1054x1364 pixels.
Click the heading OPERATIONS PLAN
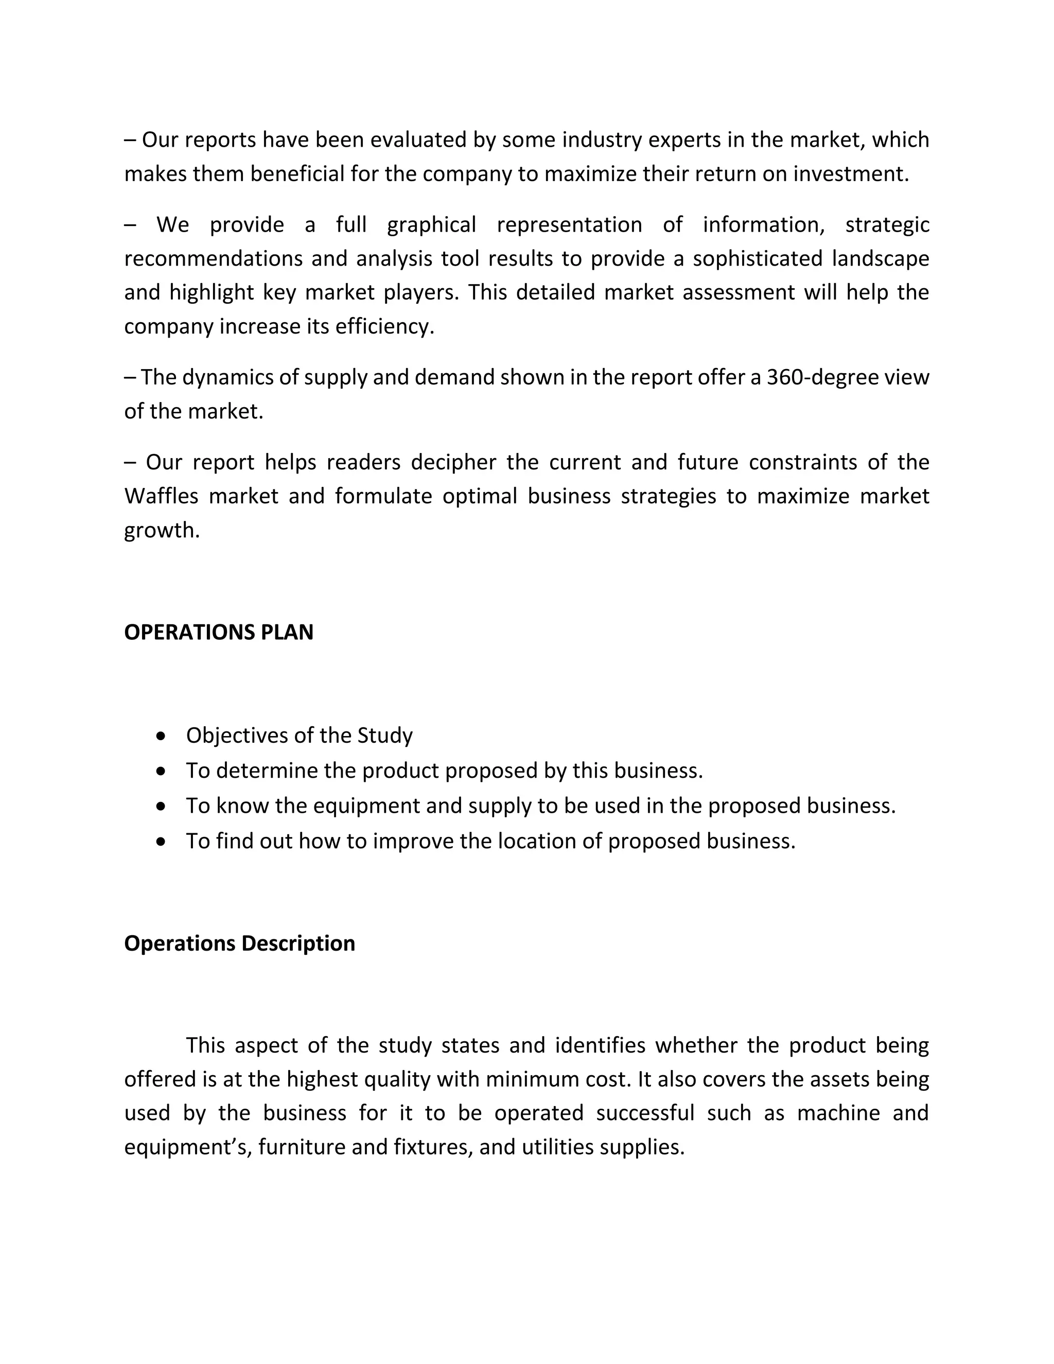(x=219, y=632)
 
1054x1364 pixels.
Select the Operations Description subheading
(x=239, y=943)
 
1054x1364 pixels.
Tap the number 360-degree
(x=816, y=377)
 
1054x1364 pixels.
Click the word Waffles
(x=161, y=496)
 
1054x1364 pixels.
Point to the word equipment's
(x=187, y=1147)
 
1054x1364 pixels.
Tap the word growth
(x=161, y=531)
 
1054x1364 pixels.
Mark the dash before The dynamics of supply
(x=130, y=378)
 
